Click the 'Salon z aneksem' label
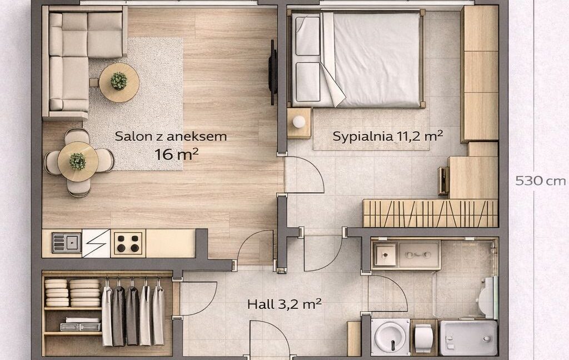171,137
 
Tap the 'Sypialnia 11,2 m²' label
387,136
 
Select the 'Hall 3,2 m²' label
284,304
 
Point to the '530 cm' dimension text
540,181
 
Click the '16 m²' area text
176,154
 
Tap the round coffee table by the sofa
119,82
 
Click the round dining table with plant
78,162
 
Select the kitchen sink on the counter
67,243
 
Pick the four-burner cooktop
128,243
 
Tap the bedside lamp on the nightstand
299,122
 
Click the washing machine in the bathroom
391,337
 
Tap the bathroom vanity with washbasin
406,254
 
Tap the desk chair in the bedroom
443,181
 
